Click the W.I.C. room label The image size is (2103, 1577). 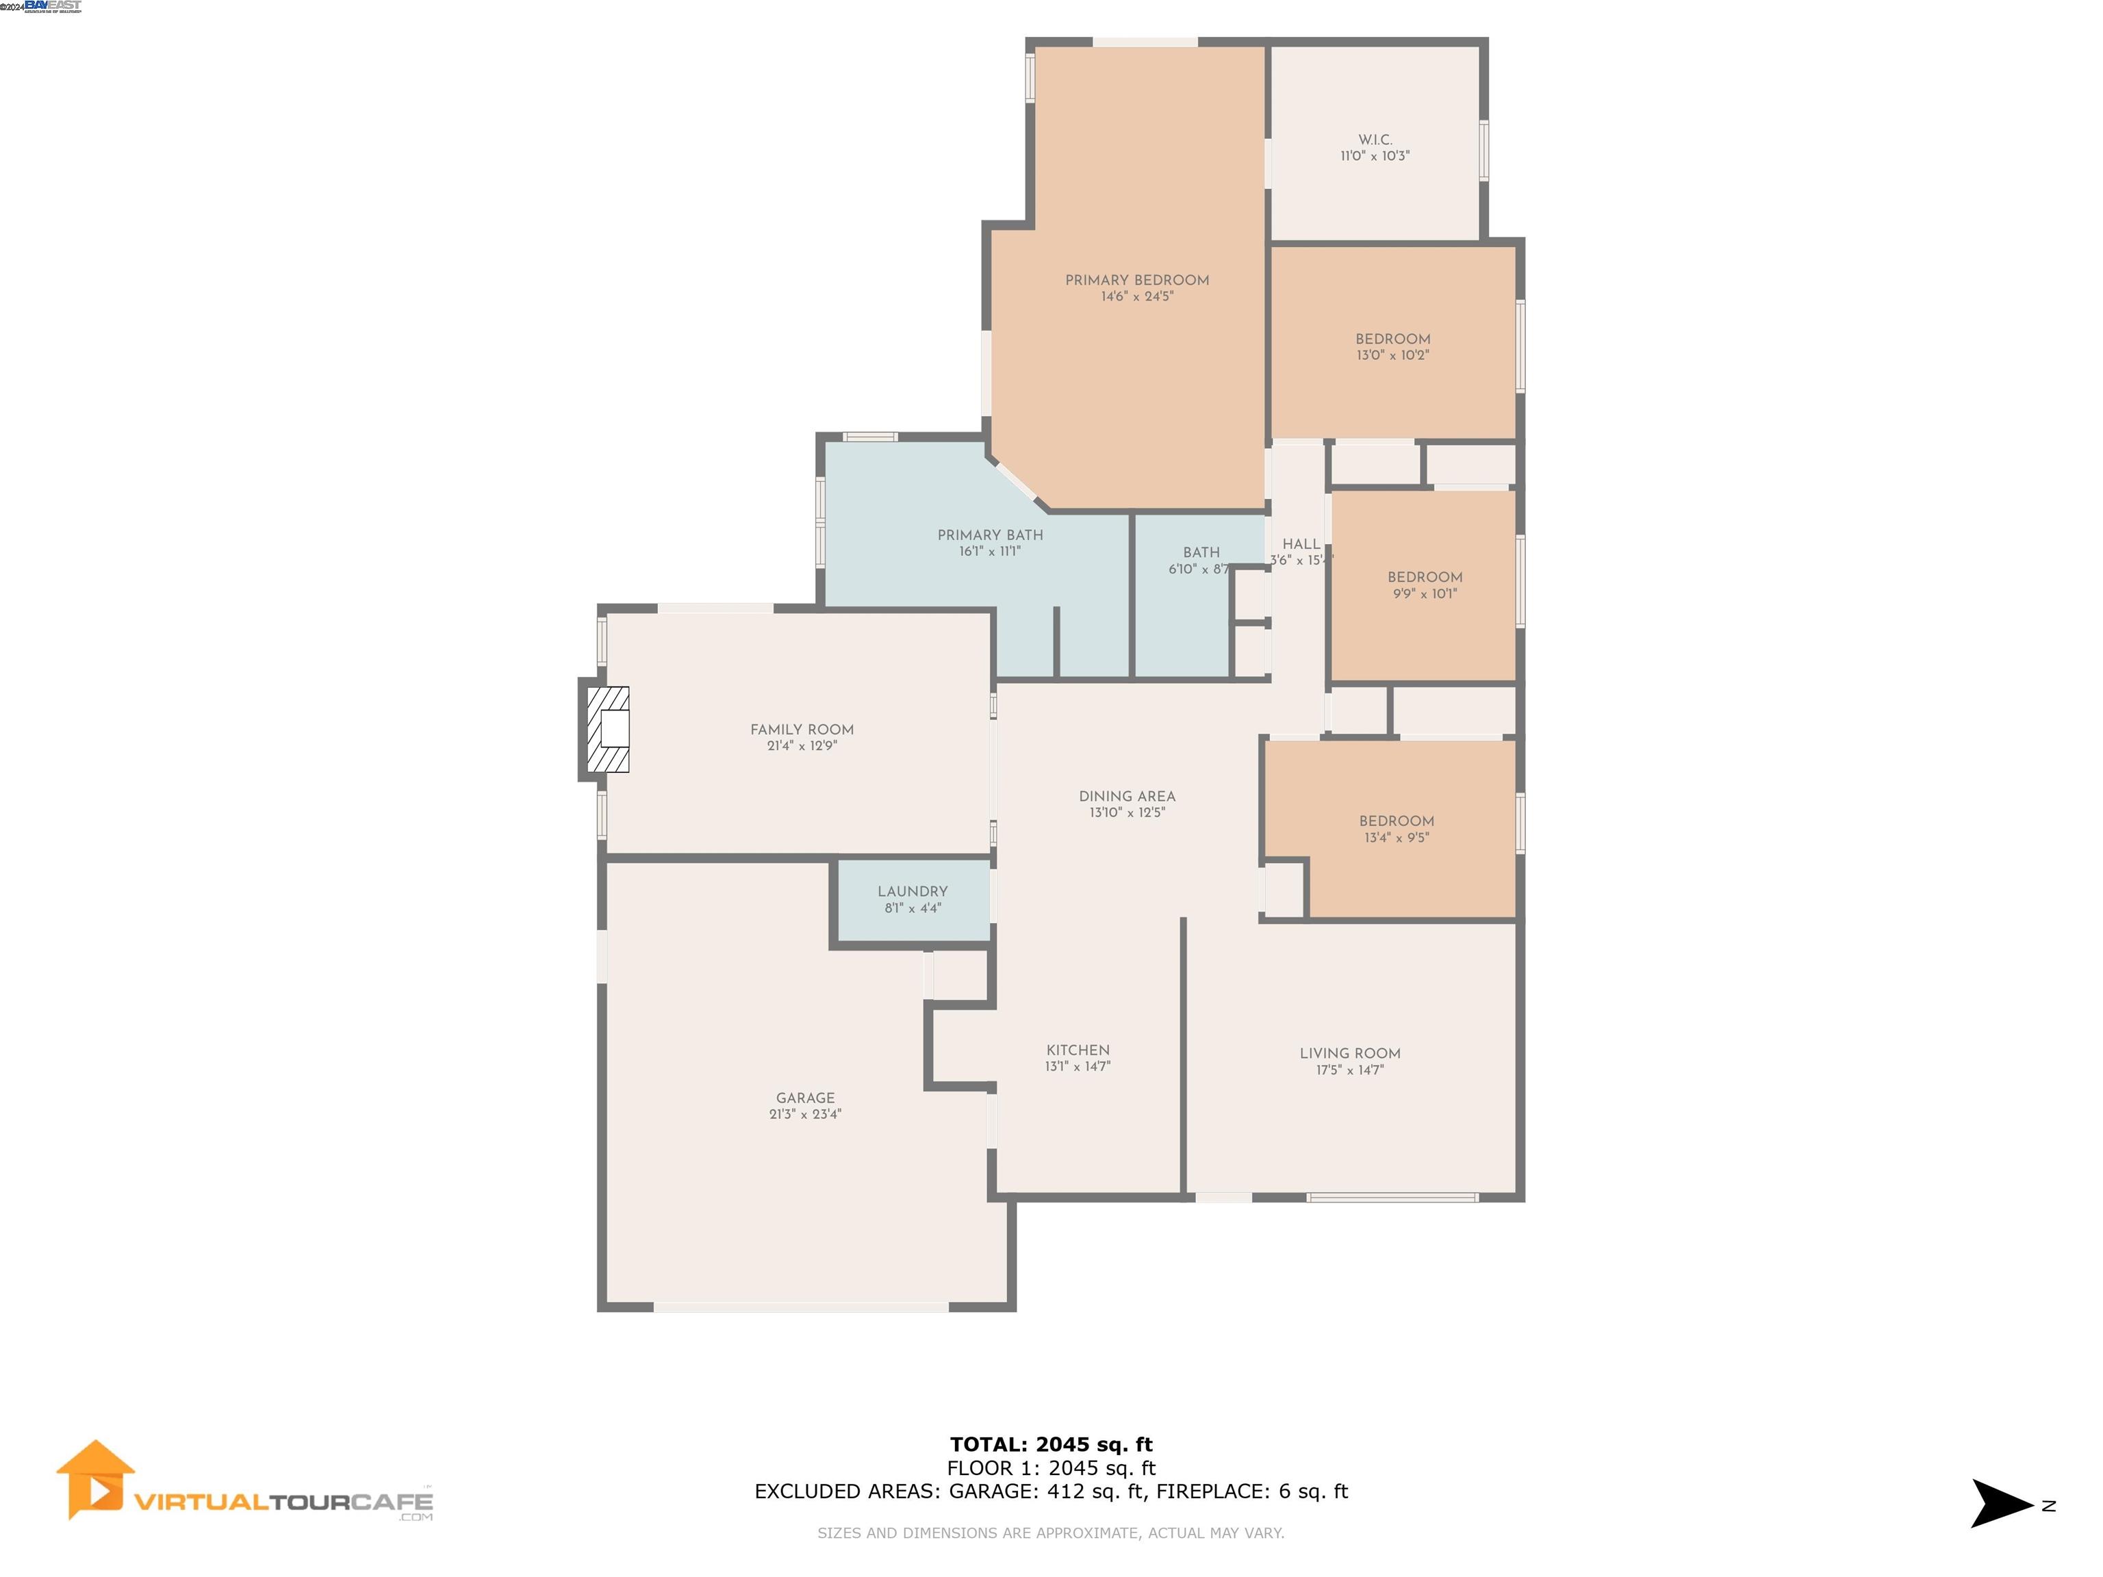click(1375, 140)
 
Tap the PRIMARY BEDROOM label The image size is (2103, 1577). click(1137, 281)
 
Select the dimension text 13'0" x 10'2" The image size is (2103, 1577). click(1393, 355)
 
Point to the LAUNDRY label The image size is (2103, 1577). click(912, 892)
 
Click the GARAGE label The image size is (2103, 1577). click(805, 1098)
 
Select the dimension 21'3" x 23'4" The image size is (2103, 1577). click(805, 1115)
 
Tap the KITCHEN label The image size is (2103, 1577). click(1077, 1051)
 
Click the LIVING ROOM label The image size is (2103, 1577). click(1349, 1053)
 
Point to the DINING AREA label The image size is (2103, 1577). click(1127, 797)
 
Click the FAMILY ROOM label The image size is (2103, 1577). click(802, 730)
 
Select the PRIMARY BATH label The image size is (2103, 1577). click(990, 535)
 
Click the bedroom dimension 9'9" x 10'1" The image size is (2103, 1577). click(1424, 594)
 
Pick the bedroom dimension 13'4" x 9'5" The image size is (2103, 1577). click(1396, 838)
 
